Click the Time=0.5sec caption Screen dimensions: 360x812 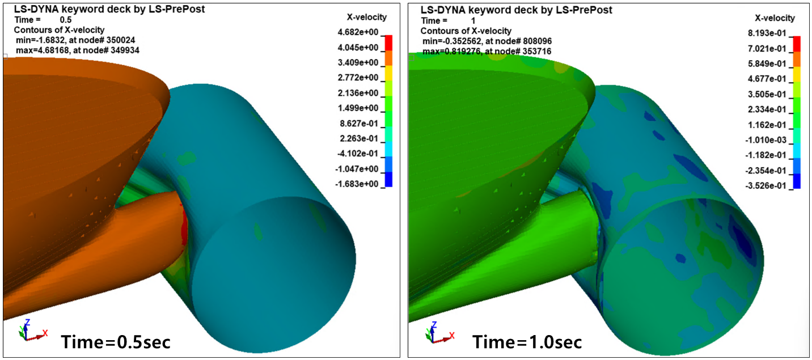pyautogui.click(x=116, y=342)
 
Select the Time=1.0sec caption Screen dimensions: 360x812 pyautogui.click(x=527, y=342)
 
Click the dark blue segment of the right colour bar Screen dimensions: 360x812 pyautogui.click(x=797, y=181)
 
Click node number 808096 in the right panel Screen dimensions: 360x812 pyautogui.click(x=532, y=41)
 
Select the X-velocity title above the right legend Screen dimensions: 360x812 pyautogui.click(x=775, y=18)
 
